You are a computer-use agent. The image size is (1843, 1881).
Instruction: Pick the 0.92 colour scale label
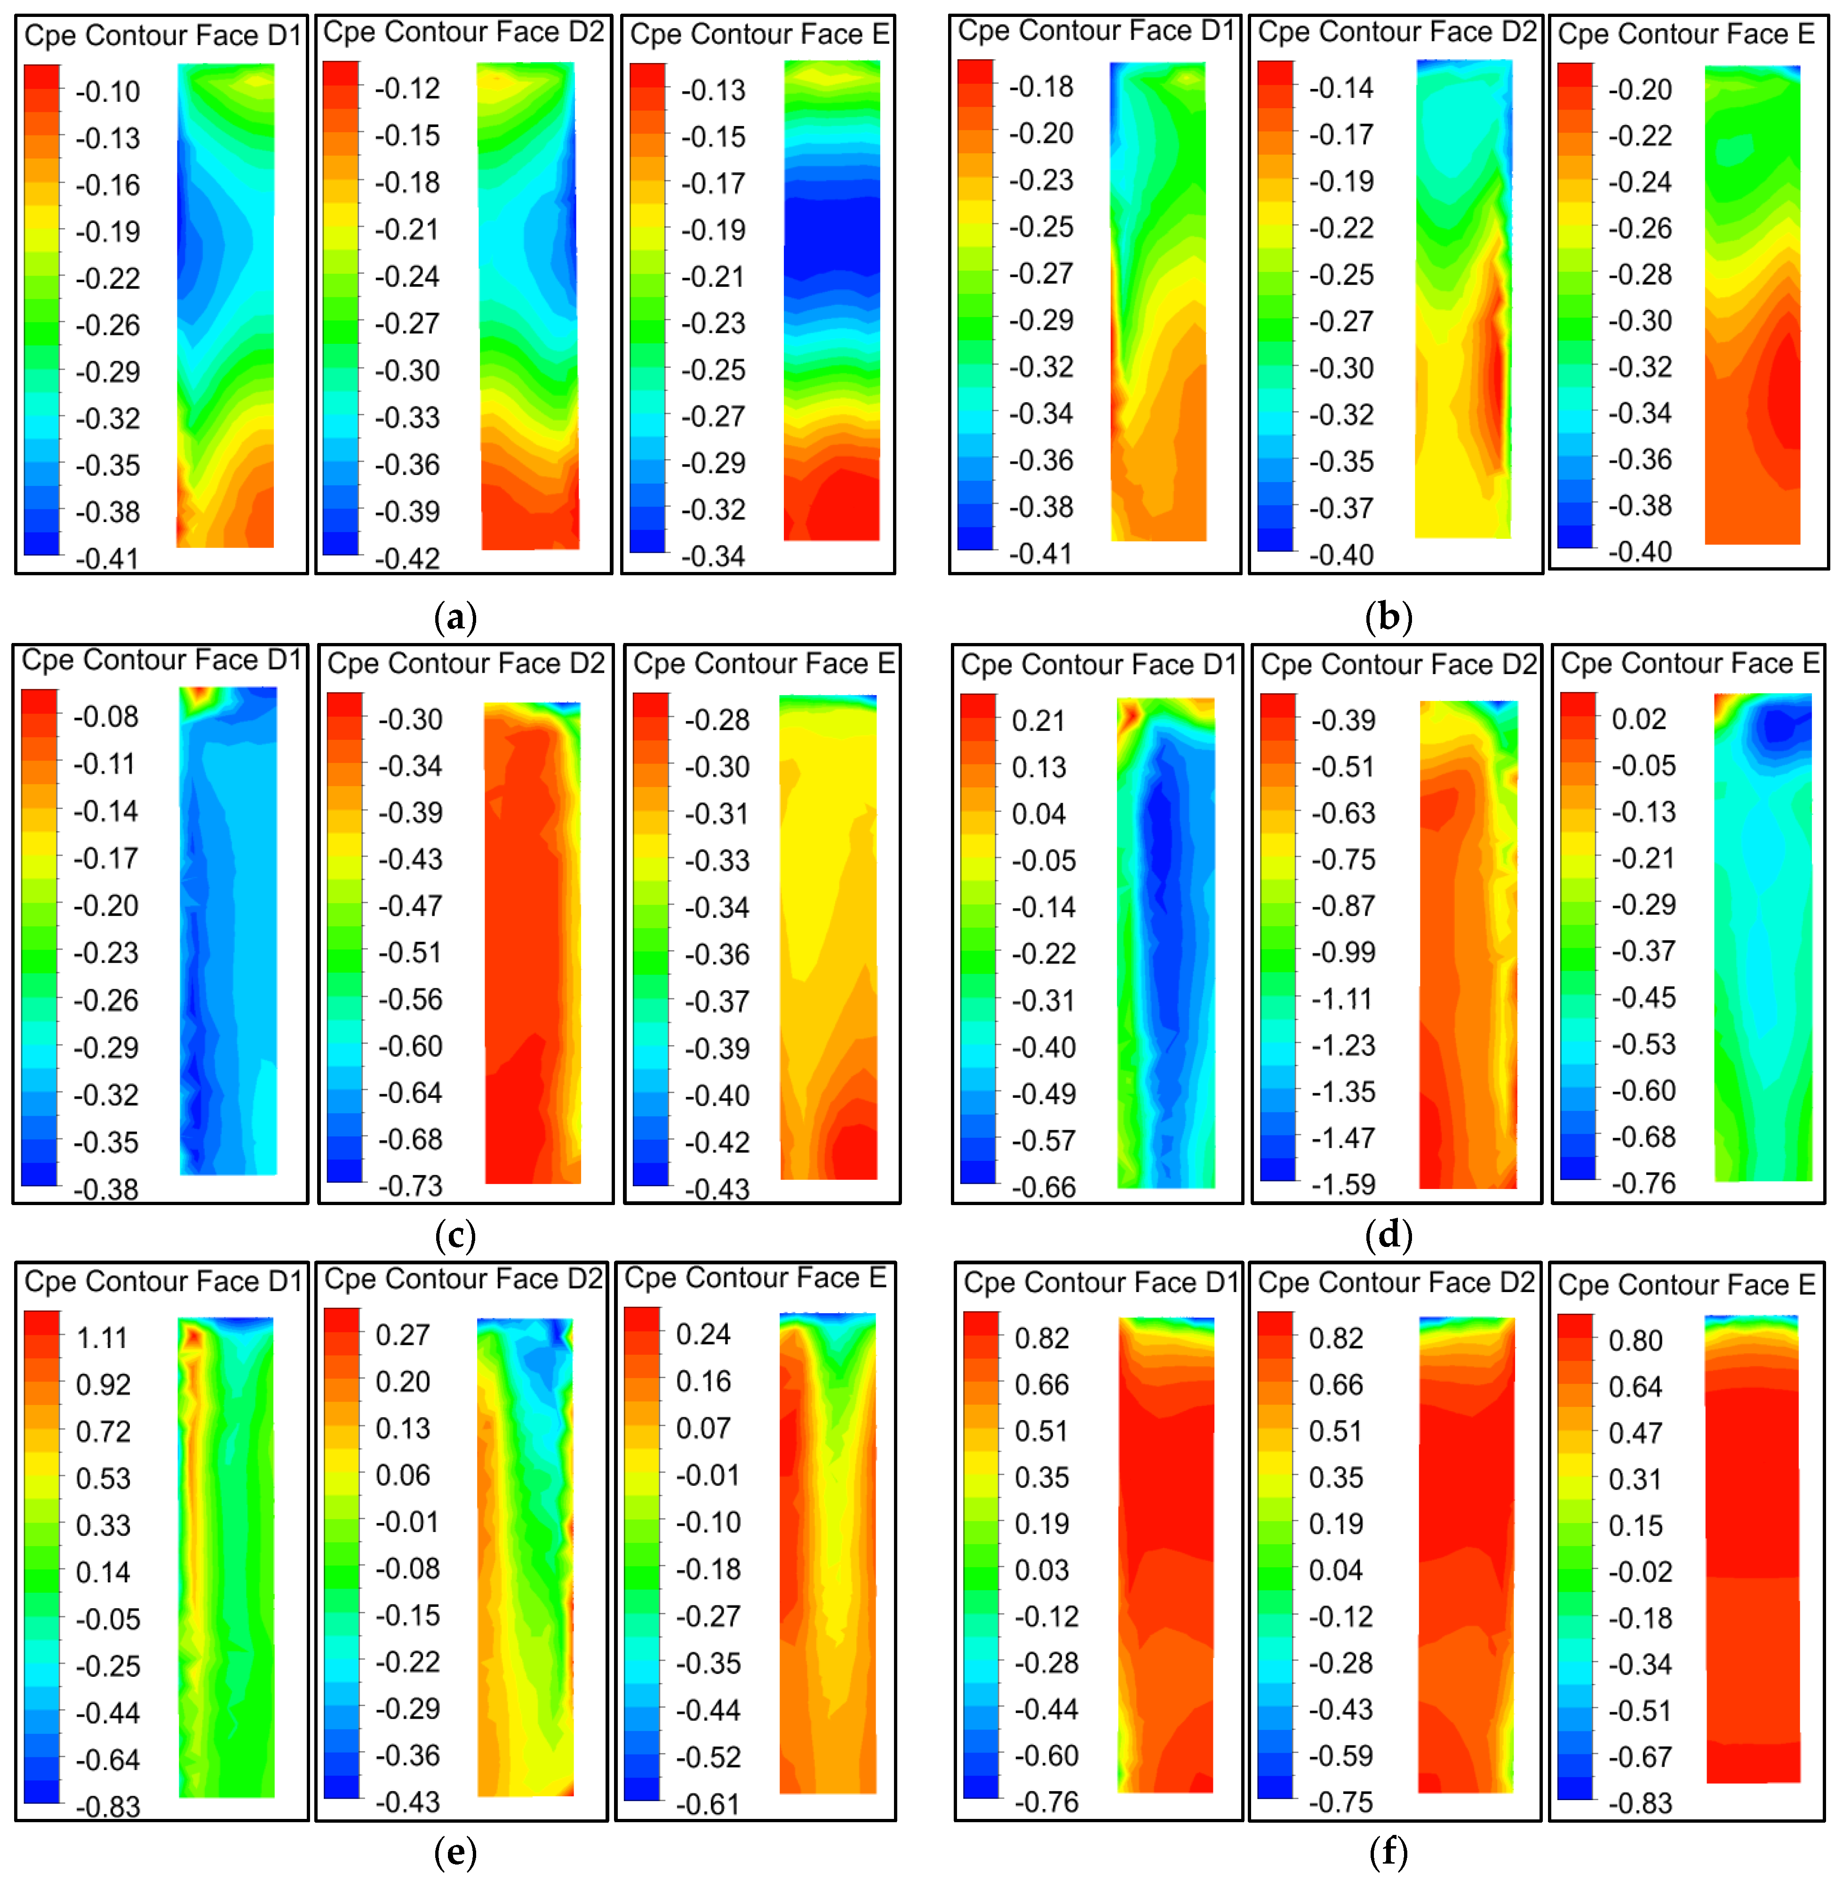click(x=103, y=1385)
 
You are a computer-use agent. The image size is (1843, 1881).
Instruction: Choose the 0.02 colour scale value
click(x=1639, y=719)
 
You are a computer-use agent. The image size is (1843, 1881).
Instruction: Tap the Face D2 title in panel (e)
click(x=463, y=1279)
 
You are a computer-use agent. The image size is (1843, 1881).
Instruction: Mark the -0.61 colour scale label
click(x=708, y=1804)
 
